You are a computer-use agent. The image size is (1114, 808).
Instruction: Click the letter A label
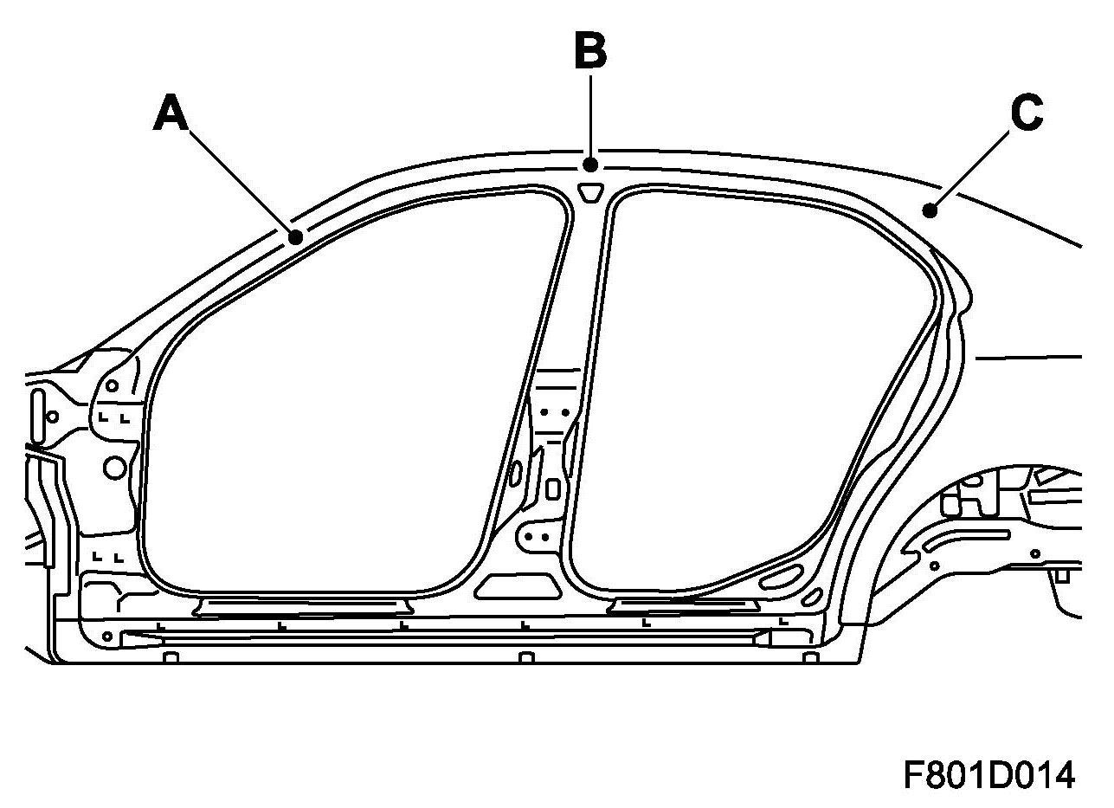pos(171,113)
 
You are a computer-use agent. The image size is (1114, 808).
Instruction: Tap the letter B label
pos(590,50)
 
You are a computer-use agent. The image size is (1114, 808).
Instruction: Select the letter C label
pos(1027,113)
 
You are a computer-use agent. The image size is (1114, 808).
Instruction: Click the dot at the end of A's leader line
pos(296,237)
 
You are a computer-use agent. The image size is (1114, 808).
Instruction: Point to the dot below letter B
pos(590,165)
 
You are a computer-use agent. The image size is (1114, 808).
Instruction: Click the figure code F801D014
pos(988,775)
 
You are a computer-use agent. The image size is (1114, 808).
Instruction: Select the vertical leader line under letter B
pos(590,117)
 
